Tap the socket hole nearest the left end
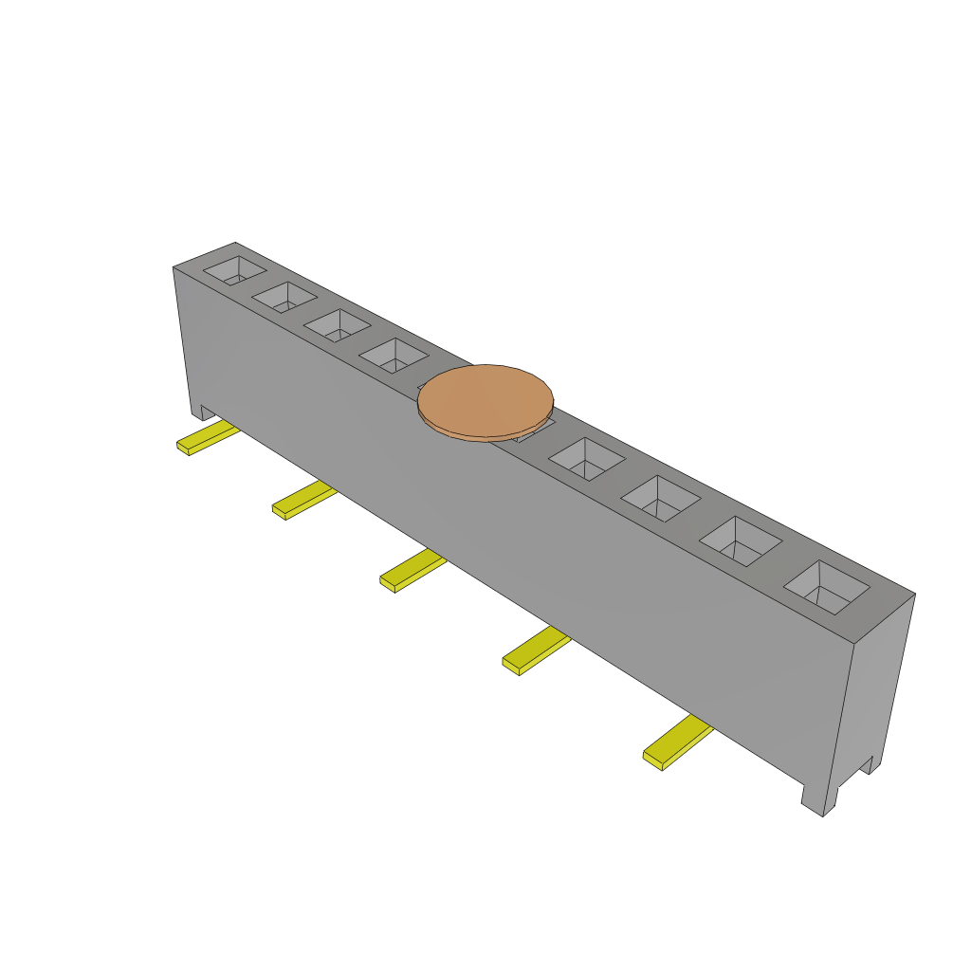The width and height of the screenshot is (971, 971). click(x=234, y=271)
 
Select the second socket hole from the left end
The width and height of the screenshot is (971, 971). click(x=284, y=297)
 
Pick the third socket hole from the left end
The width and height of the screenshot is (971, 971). click(x=337, y=325)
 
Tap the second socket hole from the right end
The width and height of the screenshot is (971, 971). click(x=741, y=541)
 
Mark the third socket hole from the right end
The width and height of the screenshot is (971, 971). click(x=661, y=498)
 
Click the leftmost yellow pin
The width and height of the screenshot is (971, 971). click(x=207, y=438)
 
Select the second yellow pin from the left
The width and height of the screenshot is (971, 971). click(x=303, y=501)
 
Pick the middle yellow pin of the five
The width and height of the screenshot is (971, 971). click(x=412, y=571)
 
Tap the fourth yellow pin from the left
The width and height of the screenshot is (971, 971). click(x=535, y=650)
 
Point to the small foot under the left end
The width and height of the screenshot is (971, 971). click(x=203, y=412)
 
